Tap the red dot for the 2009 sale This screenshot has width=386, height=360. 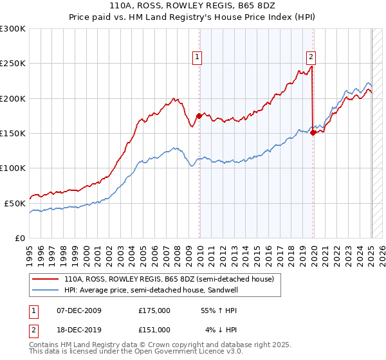pyautogui.click(x=199, y=116)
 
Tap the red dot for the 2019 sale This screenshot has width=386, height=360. pyautogui.click(x=313, y=133)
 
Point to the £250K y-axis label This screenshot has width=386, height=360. pyautogui.click(x=12, y=64)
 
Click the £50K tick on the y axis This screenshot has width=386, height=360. pyautogui.click(x=15, y=203)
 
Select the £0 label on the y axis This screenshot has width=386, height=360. pyautogui.click(x=21, y=238)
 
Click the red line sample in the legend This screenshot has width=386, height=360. pyautogui.click(x=46, y=279)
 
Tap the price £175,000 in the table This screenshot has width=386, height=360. pyautogui.click(x=154, y=310)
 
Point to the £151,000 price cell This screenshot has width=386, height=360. pyautogui.click(x=154, y=330)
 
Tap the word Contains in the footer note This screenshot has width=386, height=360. pyautogui.click(x=44, y=346)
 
